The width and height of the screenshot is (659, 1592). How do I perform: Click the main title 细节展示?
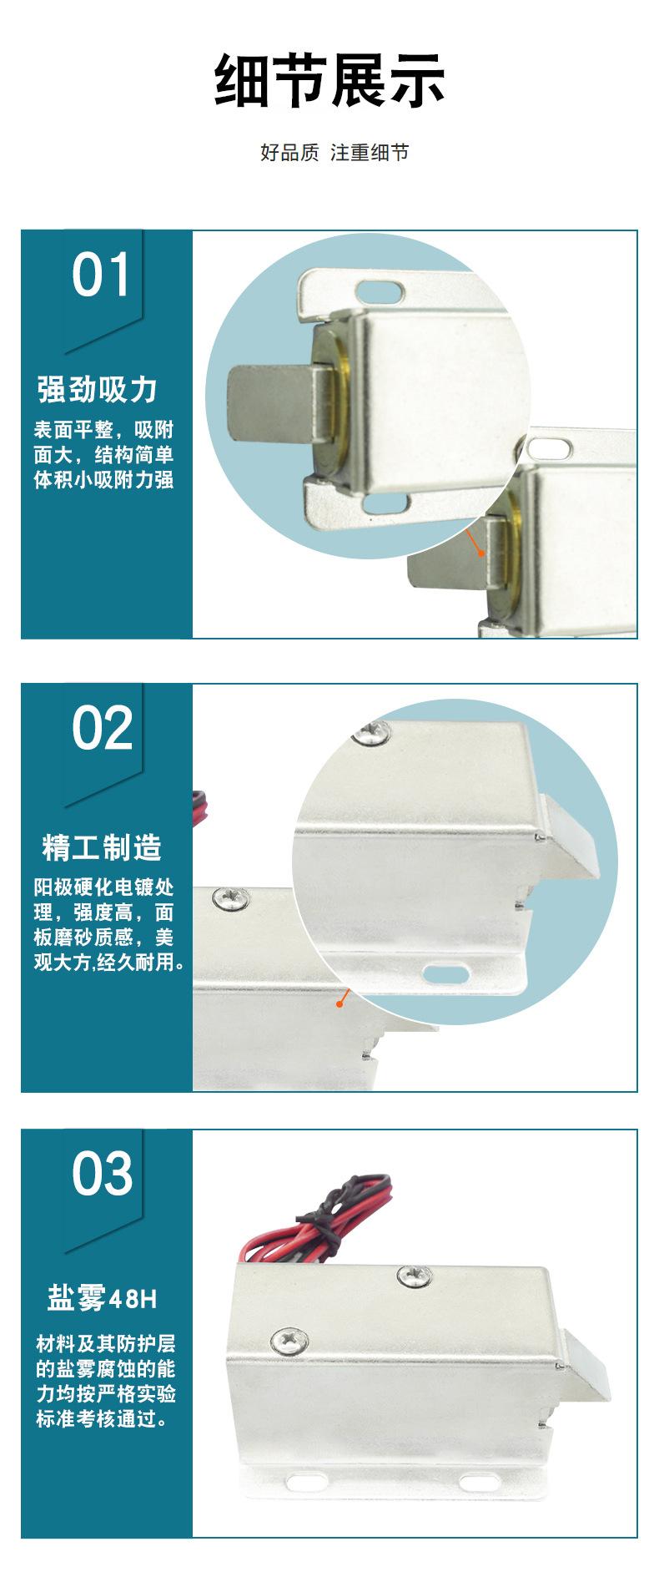point(329,81)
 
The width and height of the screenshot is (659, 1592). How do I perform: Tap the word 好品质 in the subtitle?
point(289,153)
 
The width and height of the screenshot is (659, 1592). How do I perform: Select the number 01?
point(101,275)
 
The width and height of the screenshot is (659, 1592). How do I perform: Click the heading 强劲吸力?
point(98,390)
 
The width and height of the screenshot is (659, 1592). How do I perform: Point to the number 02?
point(102,728)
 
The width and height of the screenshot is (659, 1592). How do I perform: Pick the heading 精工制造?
point(102,847)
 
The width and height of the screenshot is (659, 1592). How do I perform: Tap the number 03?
point(102,1174)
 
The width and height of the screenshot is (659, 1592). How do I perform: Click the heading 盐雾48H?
point(102,1299)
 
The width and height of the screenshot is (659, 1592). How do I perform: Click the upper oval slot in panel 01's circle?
point(380,290)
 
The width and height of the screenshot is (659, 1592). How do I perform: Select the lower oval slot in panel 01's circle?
point(384,503)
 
